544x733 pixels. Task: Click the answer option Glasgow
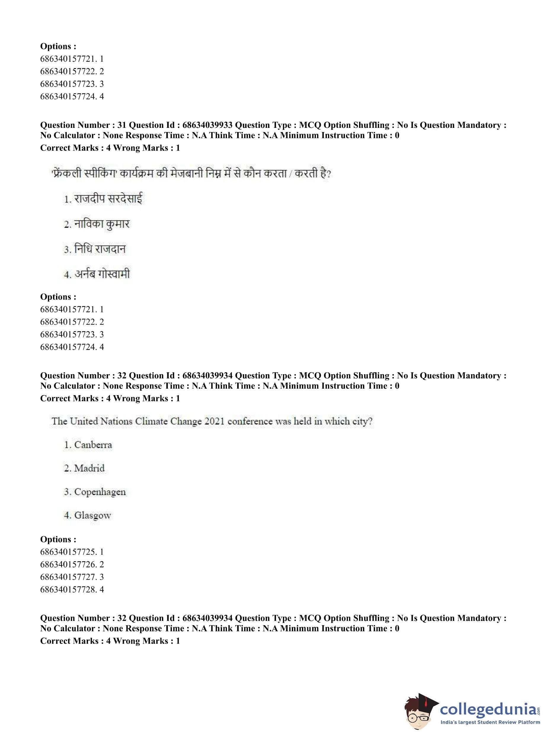tap(92, 515)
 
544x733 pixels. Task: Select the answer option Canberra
tap(93, 445)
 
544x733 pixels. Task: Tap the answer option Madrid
tap(89, 468)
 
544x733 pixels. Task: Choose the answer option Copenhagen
tap(100, 492)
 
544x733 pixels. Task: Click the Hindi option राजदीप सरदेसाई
tap(108, 199)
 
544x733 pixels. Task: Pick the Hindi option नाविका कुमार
tap(102, 224)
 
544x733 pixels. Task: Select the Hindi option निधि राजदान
tap(100, 249)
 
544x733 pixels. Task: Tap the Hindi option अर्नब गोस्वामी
tap(102, 274)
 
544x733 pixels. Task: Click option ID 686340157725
tap(68, 552)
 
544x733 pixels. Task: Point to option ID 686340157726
tap(68, 564)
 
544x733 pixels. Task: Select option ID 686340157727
tap(68, 577)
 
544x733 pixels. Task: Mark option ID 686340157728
tap(68, 589)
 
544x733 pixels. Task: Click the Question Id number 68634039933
tap(207, 125)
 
